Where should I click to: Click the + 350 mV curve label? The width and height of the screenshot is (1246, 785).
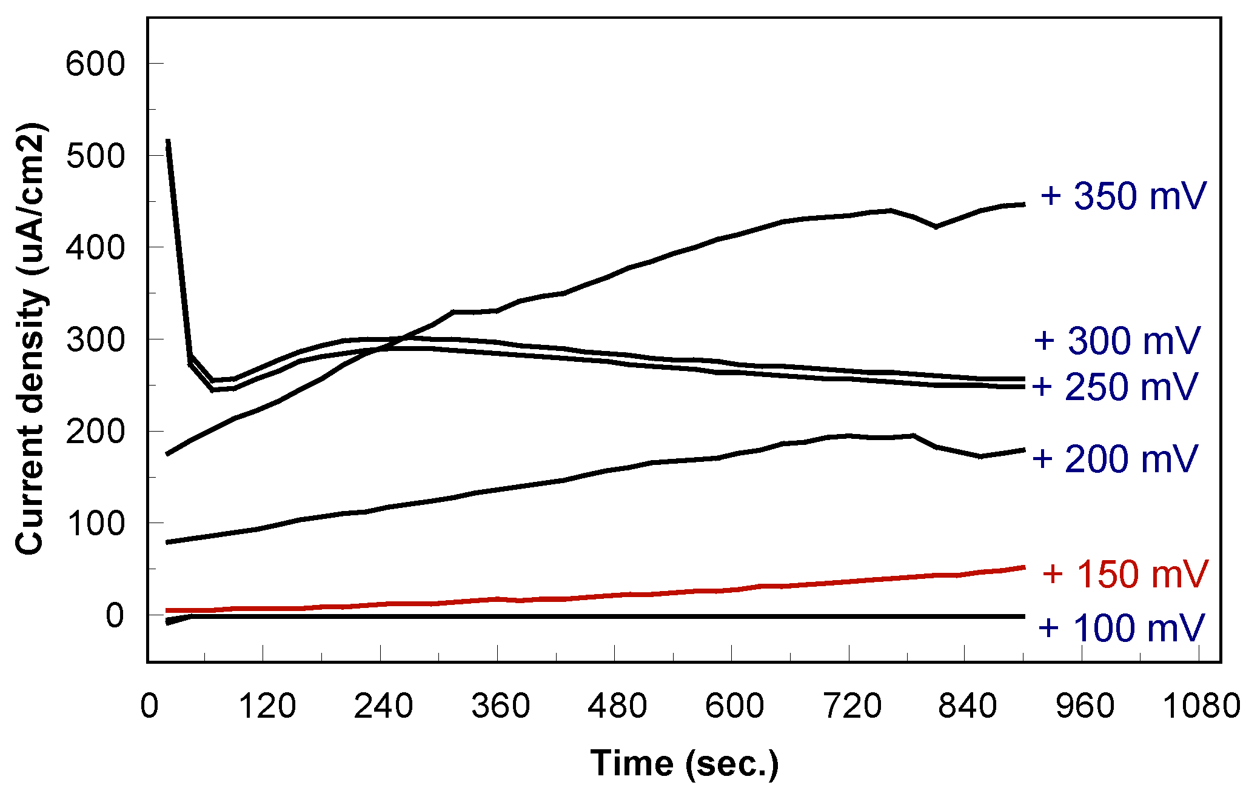pyautogui.click(x=1123, y=196)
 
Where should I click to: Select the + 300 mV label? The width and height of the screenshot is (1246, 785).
pyautogui.click(x=1117, y=341)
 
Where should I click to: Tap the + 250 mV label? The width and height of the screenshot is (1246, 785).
pyautogui.click(x=1115, y=387)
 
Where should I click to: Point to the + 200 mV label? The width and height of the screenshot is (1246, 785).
pyautogui.click(x=1115, y=459)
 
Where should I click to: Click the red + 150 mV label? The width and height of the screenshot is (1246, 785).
pyautogui.click(x=1125, y=574)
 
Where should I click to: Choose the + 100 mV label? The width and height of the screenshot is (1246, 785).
pyautogui.click(x=1121, y=628)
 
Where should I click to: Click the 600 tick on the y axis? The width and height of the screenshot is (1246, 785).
pyautogui.click(x=95, y=64)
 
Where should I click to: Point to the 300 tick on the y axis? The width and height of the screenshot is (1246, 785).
pyautogui.click(x=95, y=339)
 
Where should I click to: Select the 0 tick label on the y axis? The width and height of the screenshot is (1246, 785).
pyautogui.click(x=115, y=616)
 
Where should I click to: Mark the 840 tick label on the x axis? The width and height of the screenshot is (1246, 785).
pyautogui.click(x=968, y=706)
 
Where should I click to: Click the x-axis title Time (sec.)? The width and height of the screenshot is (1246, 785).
pyautogui.click(x=685, y=763)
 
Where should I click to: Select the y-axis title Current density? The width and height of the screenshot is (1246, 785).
pyautogui.click(x=30, y=339)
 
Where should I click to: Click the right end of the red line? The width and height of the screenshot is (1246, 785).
pyautogui.click(x=1023, y=567)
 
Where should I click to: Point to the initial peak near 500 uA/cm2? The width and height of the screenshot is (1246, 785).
pyautogui.click(x=168, y=142)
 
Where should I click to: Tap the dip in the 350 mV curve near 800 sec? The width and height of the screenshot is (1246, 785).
pyautogui.click(x=936, y=227)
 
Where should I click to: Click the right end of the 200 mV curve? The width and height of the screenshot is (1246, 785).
pyautogui.click(x=1023, y=450)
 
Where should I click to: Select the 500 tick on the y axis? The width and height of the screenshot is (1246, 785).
pyautogui.click(x=95, y=156)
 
